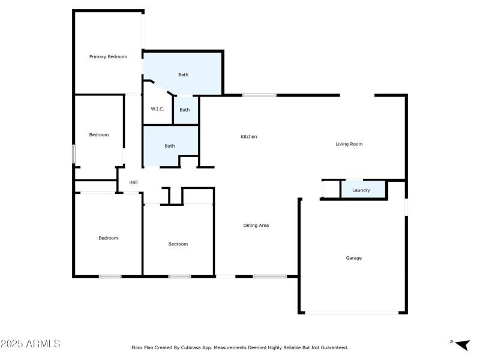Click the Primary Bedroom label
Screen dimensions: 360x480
(x=108, y=57)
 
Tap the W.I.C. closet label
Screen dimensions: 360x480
(x=157, y=109)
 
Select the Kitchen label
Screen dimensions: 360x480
(x=249, y=137)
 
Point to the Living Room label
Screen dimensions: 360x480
(x=349, y=144)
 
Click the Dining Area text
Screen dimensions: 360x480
(x=256, y=226)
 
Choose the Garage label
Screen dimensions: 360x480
(x=353, y=258)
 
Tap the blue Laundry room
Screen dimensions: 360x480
(x=362, y=190)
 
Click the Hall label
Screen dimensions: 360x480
(x=133, y=182)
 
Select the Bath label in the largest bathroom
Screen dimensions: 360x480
(x=183, y=75)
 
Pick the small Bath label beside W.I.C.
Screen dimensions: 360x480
(x=185, y=110)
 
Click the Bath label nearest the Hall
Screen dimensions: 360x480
(x=170, y=146)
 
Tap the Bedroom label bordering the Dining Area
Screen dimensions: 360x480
(x=178, y=244)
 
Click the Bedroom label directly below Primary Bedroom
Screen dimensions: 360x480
(x=99, y=135)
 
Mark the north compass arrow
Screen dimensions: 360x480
(x=461, y=344)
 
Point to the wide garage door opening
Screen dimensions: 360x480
(x=353, y=312)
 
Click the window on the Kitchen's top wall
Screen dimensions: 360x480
(x=259, y=95)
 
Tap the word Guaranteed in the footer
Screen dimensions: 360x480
(x=334, y=347)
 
